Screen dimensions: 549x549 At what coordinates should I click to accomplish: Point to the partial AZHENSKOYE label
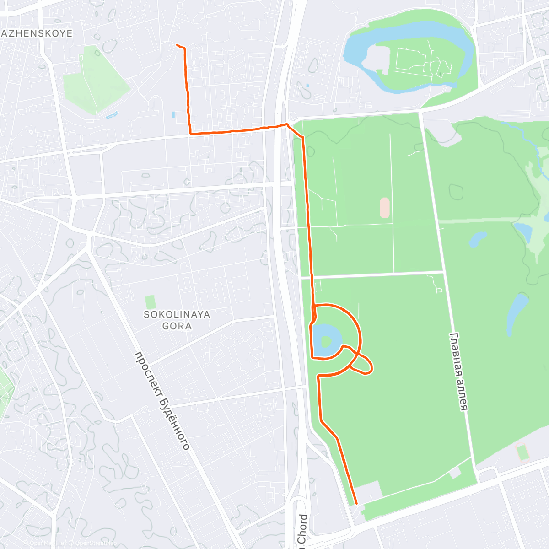coord(38,33)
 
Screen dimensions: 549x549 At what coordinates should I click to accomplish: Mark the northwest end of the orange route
coord(178,45)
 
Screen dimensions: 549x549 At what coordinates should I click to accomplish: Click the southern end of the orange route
coord(356,504)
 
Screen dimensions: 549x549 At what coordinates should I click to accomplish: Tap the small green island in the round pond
coord(326,341)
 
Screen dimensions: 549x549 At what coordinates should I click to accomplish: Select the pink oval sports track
coord(385,208)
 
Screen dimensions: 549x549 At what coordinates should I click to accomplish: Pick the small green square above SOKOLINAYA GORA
coord(150,302)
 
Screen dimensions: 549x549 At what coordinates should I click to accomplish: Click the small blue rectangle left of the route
coord(173,114)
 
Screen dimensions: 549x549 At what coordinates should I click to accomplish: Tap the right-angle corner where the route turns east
coord(191,133)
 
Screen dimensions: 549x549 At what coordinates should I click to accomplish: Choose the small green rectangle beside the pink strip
coord(522,453)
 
